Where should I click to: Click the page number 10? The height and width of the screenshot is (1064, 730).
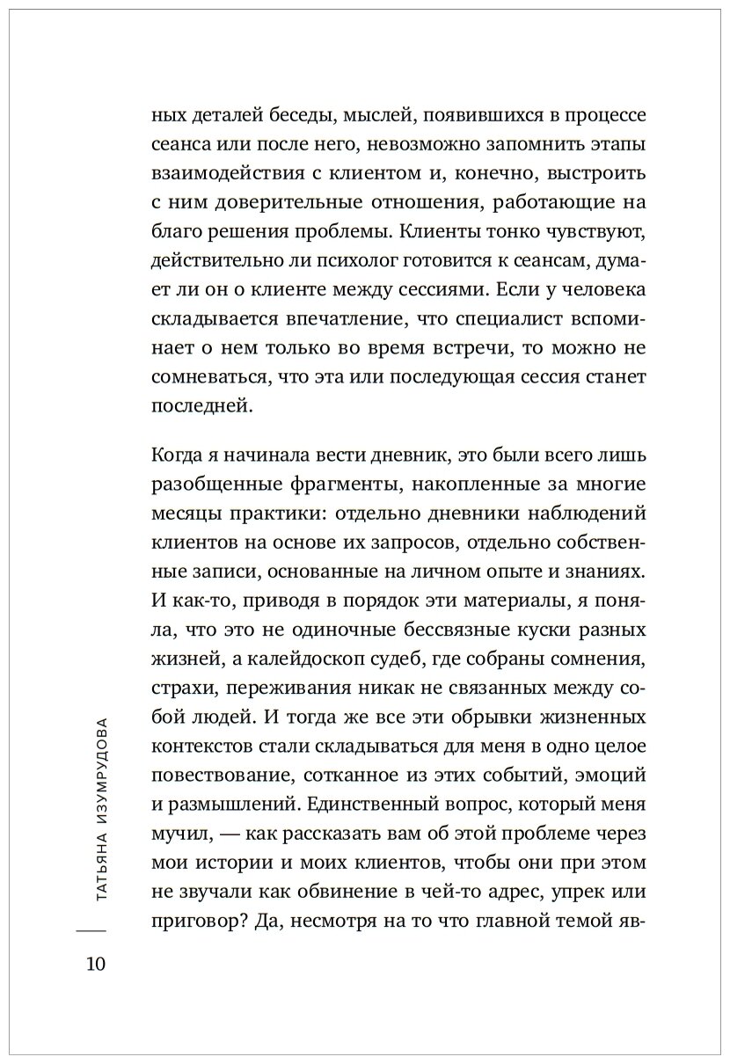tap(91, 964)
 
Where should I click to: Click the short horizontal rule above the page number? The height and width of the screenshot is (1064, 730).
tap(91, 930)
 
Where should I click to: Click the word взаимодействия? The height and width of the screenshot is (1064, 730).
tap(204, 168)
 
